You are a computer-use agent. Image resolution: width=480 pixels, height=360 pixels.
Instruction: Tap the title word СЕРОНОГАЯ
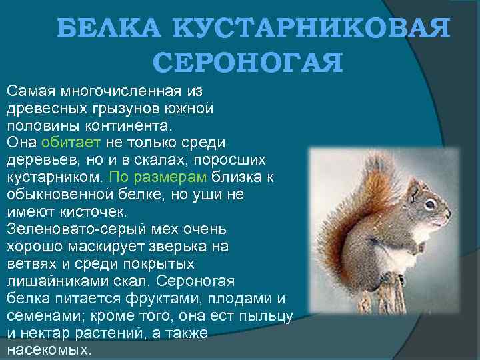pyautogui.click(x=247, y=63)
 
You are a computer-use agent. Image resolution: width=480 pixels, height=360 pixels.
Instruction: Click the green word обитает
pyautogui.click(x=71, y=142)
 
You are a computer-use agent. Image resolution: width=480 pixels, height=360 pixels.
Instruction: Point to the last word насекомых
pyautogui.click(x=48, y=350)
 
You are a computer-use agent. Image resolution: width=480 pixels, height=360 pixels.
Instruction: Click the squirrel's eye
pyautogui.click(x=430, y=203)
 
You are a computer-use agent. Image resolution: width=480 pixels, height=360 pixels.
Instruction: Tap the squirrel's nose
pyautogui.click(x=449, y=215)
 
